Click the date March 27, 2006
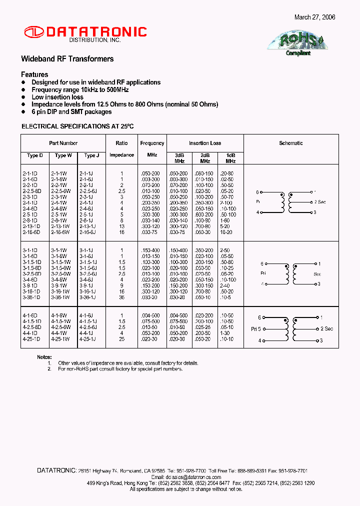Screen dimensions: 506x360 point(314,17)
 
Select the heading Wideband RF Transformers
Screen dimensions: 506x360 point(67,59)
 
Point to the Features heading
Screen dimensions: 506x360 point(34,74)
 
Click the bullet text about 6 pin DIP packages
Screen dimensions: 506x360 point(64,112)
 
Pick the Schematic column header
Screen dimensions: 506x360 point(290,143)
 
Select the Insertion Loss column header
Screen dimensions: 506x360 point(205,143)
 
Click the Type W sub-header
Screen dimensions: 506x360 point(63,155)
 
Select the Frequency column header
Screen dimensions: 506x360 point(152,143)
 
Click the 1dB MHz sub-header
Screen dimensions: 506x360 point(230,158)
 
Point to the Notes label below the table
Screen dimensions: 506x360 point(44,357)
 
